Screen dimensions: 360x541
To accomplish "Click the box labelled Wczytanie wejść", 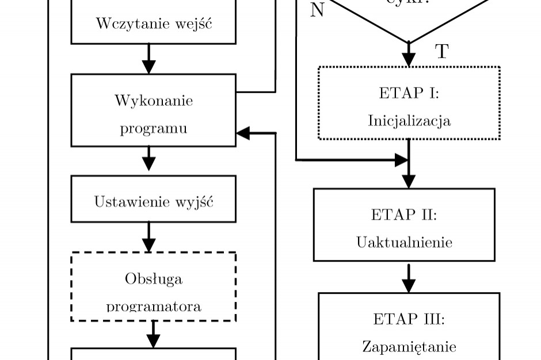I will [x=153, y=24].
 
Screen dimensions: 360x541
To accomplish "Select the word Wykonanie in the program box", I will [x=154, y=101].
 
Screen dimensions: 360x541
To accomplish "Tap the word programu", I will [x=154, y=128].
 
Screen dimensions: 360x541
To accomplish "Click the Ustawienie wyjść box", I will [x=153, y=202].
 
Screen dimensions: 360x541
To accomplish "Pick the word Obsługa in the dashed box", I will [x=154, y=279].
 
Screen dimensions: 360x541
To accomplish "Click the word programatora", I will [x=154, y=306].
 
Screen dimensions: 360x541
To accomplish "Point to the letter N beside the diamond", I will [x=317, y=10].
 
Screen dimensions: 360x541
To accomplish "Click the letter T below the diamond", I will [x=441, y=52].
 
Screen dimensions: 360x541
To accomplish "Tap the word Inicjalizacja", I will [x=409, y=121].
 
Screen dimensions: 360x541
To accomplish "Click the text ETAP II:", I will [x=404, y=215].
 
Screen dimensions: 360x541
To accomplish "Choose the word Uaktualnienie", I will [x=404, y=242].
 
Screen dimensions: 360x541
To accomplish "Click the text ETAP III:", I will [x=409, y=319].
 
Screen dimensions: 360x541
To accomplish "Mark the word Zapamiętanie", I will [x=409, y=347].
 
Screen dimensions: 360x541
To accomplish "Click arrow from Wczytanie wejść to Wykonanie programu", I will [x=148, y=59].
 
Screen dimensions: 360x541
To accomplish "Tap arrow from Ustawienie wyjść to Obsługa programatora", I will [x=148, y=236].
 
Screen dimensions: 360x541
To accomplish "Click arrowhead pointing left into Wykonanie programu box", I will [x=243, y=133].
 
